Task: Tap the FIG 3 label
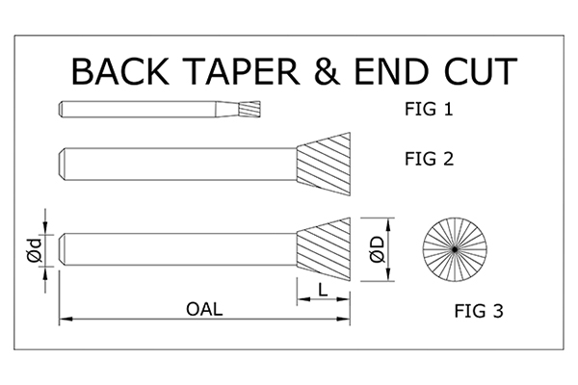click(x=479, y=311)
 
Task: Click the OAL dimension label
click(x=203, y=308)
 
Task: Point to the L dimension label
click(x=324, y=288)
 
